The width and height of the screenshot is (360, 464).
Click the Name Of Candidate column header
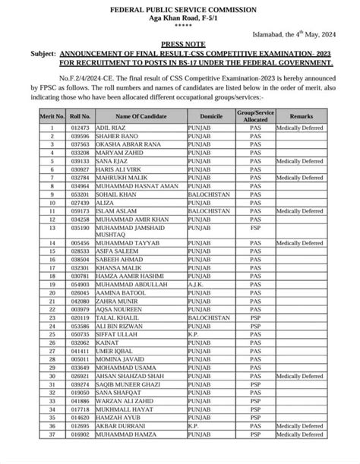click(x=135, y=112)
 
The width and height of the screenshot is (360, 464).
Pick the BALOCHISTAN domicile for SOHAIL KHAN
click(x=210, y=193)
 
